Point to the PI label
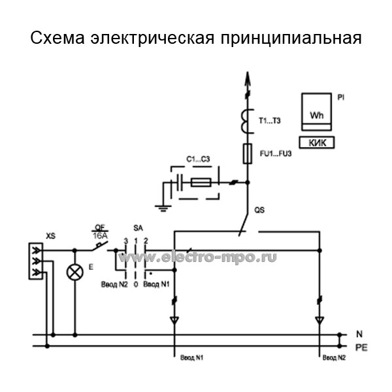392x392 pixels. point(341,97)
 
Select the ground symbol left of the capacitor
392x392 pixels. point(159,208)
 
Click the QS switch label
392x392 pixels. point(259,210)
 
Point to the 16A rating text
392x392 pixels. point(101,235)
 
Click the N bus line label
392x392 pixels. point(359,335)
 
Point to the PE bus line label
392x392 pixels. point(361,347)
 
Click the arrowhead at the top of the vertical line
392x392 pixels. point(248,78)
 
